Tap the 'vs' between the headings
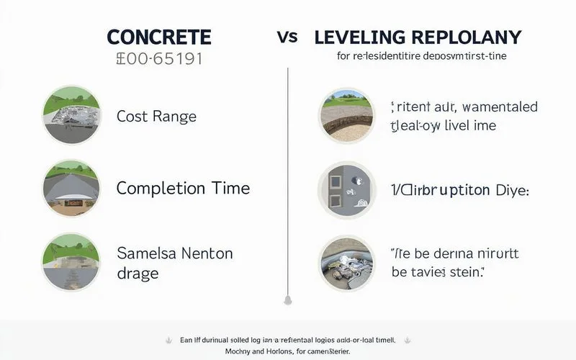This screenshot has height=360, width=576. (287, 37)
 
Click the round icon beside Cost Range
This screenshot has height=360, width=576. (71, 115)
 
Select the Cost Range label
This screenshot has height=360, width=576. (156, 116)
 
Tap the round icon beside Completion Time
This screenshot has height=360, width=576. (71, 187)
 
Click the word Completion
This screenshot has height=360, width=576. (161, 189)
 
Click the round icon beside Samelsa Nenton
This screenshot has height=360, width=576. (71, 258)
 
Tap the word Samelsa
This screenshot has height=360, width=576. (145, 253)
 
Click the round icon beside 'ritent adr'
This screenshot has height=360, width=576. (346, 115)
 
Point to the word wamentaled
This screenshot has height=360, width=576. (500, 107)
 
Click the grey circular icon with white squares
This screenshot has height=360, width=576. (346, 189)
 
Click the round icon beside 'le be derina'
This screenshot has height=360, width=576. (346, 262)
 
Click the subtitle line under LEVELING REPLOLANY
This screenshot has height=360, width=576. (420, 56)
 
